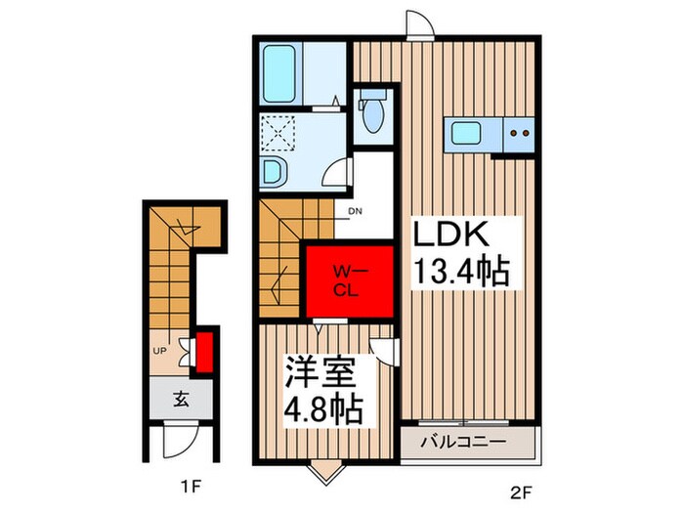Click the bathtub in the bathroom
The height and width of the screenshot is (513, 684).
(279, 73)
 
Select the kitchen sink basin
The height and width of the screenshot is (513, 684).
(466, 133)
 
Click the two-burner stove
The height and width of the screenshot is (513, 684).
(519, 133)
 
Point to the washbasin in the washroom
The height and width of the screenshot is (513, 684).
(275, 172)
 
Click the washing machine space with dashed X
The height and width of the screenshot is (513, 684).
(278, 133)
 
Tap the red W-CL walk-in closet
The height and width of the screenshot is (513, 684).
(350, 281)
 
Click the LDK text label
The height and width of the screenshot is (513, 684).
(450, 235)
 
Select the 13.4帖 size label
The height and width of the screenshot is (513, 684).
(460, 271)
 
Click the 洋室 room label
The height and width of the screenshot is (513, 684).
(320, 372)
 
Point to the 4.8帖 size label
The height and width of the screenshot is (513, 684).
(323, 409)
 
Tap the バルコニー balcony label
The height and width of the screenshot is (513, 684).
(464, 442)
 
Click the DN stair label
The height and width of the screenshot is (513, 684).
(355, 212)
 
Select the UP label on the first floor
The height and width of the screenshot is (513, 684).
(160, 350)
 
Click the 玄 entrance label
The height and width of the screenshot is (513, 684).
(181, 399)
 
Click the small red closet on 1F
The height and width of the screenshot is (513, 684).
(204, 353)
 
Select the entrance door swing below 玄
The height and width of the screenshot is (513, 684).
(181, 440)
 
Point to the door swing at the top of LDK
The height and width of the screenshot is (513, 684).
(419, 24)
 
